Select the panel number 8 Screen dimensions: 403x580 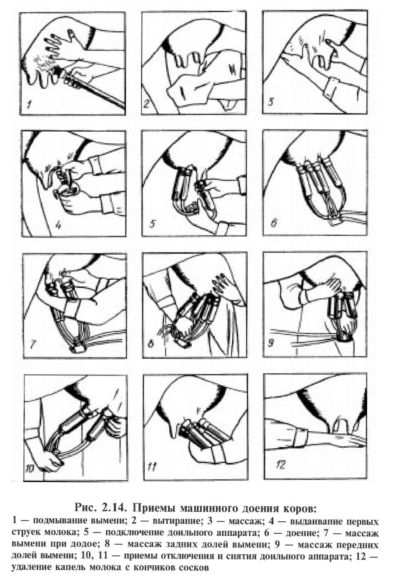[x=151, y=343]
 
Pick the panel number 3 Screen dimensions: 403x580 [x=270, y=102]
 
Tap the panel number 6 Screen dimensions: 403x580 [x=274, y=222]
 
